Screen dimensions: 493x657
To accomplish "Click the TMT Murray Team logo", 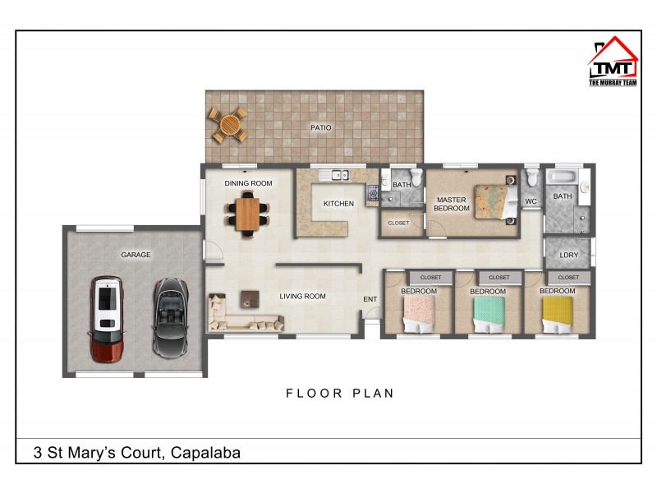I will coord(613,62).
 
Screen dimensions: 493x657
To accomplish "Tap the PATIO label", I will coord(320,127).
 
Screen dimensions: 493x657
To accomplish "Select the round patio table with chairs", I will coord(228,125).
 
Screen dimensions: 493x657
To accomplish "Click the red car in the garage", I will coord(106,319).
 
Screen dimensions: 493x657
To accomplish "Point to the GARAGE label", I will coord(136,255).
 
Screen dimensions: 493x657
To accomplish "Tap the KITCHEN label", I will coord(338,203).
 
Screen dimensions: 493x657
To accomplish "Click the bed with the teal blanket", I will coord(489,313).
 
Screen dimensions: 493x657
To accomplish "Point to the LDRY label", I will coord(568,255).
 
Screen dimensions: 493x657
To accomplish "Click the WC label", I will coord(531,200).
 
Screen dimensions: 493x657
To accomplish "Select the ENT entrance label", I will coord(370,299).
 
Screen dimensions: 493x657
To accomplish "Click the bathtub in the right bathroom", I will coord(563,177).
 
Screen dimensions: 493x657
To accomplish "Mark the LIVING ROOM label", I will coord(302,296).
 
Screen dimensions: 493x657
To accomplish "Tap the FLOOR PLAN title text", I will coord(340,393).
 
